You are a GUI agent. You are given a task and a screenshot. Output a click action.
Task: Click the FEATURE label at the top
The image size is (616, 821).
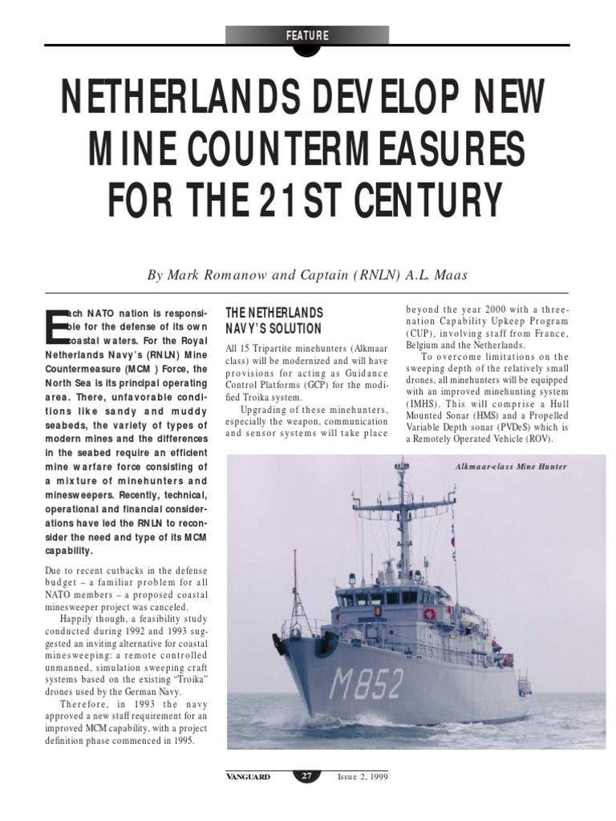(x=307, y=35)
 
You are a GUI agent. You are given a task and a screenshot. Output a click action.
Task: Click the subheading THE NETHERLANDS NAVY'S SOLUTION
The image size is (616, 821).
(x=274, y=321)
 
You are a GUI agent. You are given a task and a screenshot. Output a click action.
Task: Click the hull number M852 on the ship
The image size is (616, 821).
(x=366, y=684)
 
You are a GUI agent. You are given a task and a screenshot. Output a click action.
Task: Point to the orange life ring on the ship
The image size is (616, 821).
(x=430, y=613)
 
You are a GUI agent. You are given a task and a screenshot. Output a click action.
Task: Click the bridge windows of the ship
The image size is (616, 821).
(x=377, y=598)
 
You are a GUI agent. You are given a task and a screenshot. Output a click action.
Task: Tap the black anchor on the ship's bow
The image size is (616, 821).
(x=280, y=642)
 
